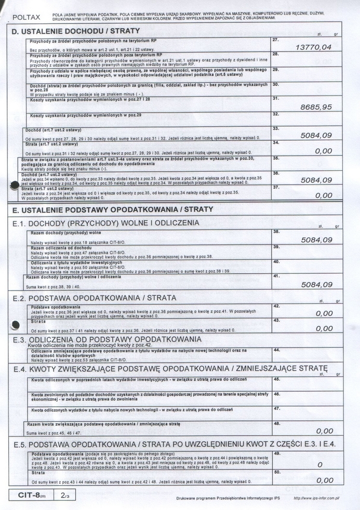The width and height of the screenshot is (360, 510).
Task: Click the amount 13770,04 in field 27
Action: coord(313,47)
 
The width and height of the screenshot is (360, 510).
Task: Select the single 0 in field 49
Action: coord(320,464)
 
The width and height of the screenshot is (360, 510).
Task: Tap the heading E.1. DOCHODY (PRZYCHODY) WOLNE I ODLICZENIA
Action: coord(105,223)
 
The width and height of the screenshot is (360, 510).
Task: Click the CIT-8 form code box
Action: coord(32,495)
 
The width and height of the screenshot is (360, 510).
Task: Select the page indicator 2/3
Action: coord(65,495)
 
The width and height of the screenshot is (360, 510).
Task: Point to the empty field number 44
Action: coord(276,350)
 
